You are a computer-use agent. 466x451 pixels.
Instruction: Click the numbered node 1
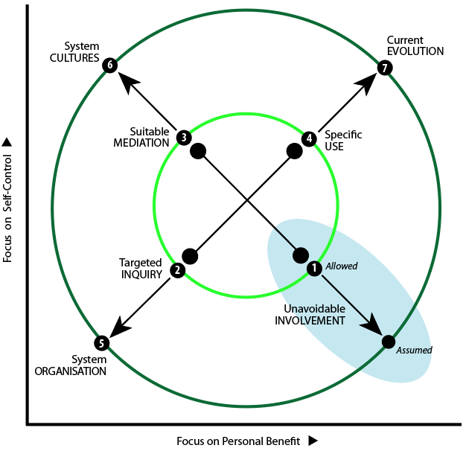(x=313, y=267)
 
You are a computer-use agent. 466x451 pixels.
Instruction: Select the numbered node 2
(x=177, y=270)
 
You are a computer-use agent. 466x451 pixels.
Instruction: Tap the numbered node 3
(x=183, y=138)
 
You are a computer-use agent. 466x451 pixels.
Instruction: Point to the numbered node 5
(x=102, y=343)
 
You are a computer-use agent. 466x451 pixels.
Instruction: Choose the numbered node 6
(x=110, y=65)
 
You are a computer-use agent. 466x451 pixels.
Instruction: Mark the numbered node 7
(x=384, y=68)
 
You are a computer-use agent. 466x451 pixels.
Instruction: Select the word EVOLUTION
(x=415, y=51)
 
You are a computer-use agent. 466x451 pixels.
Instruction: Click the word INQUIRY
(x=141, y=273)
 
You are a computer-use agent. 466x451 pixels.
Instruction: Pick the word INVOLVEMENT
(x=310, y=321)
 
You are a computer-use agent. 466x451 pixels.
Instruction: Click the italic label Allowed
(x=341, y=266)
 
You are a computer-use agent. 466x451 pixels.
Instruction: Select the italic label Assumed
(x=415, y=349)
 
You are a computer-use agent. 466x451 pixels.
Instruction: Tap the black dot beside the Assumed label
(x=388, y=342)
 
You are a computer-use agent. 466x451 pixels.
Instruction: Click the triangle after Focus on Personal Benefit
(x=313, y=441)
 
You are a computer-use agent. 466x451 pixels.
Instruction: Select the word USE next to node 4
(x=334, y=147)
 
